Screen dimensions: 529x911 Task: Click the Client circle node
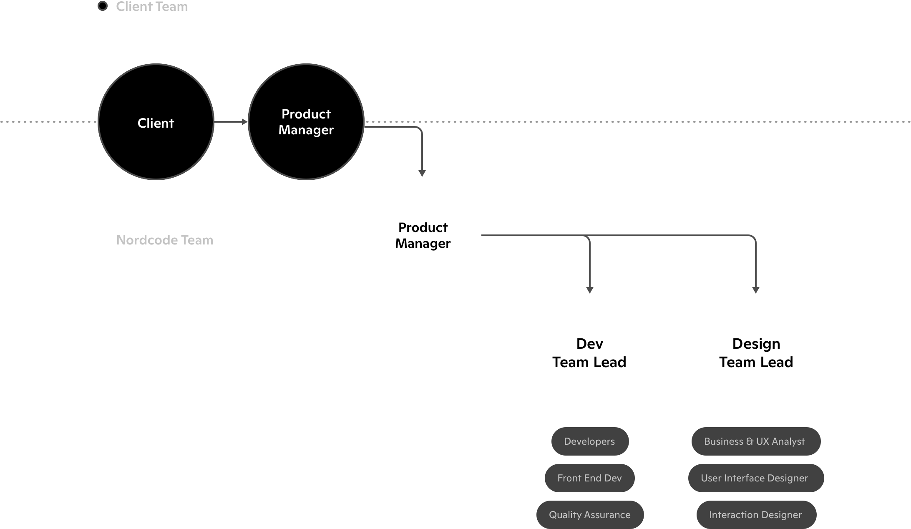click(x=156, y=122)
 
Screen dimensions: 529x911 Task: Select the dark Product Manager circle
click(x=306, y=122)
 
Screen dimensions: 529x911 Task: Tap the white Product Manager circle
click(x=423, y=235)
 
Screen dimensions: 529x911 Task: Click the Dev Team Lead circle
click(x=589, y=352)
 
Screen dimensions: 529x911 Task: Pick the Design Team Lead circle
click(x=756, y=352)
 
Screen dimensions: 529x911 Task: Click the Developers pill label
click(x=589, y=441)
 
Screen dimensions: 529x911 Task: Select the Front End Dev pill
click(x=589, y=478)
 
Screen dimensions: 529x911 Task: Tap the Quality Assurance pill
click(x=589, y=515)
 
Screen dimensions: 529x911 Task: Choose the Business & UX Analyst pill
click(x=755, y=441)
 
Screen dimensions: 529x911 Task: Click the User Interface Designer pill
click(x=755, y=478)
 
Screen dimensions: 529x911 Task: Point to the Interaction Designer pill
click(x=755, y=515)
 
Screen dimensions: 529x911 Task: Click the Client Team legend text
click(x=152, y=7)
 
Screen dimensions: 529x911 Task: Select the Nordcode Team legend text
click(x=165, y=240)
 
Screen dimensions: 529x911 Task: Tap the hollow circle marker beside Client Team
click(x=102, y=6)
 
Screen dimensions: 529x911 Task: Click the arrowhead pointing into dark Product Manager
click(x=245, y=122)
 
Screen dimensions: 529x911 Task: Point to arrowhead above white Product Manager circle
click(x=422, y=174)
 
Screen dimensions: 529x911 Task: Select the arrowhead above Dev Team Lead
click(x=589, y=290)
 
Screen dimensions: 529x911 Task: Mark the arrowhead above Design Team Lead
click(x=756, y=290)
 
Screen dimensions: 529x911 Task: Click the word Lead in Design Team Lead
click(x=776, y=362)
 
